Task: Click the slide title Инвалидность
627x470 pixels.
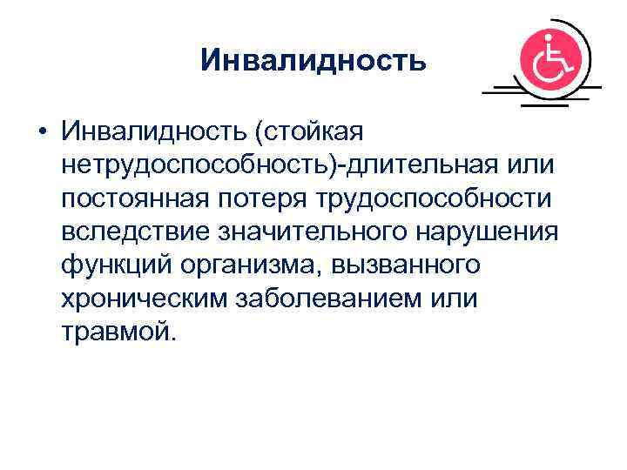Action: coord(313,60)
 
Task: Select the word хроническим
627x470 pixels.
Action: coord(142,298)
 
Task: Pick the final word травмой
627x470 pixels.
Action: coord(118,331)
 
